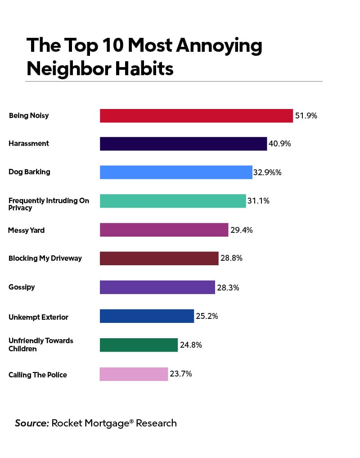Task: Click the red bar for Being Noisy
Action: click(196, 116)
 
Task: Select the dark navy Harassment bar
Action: click(183, 144)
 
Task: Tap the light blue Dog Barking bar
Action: click(176, 172)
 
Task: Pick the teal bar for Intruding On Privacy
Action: click(173, 201)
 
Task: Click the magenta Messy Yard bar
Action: click(164, 230)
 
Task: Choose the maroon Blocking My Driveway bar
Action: click(159, 258)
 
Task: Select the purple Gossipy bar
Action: click(157, 287)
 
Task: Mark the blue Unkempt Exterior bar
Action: click(147, 316)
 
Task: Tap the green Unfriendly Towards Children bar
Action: click(139, 345)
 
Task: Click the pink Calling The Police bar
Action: click(134, 374)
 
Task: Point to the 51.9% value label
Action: click(306, 116)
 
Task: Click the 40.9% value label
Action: click(280, 144)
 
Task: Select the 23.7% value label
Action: click(181, 374)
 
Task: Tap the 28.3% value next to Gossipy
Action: click(228, 287)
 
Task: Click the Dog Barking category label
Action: click(29, 172)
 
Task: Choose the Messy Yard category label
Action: click(26, 230)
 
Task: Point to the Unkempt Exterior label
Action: click(38, 317)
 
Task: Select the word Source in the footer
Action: click(31, 423)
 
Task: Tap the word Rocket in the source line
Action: click(67, 423)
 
